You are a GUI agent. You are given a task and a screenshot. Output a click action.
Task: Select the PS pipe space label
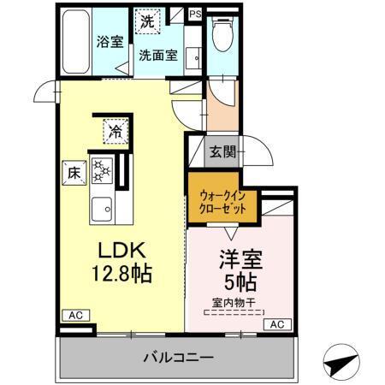pyautogui.click(x=196, y=15)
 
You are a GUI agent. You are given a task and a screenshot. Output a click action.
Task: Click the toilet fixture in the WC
pyautogui.click(x=222, y=36)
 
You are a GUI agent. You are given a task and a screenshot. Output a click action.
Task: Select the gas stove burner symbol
pyautogui.click(x=104, y=171)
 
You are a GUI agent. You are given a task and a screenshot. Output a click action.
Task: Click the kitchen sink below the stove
pyautogui.click(x=104, y=206)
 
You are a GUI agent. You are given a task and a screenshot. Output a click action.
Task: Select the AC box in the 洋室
pyautogui.click(x=276, y=324)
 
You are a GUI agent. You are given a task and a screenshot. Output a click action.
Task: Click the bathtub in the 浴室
pyautogui.click(x=76, y=40)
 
